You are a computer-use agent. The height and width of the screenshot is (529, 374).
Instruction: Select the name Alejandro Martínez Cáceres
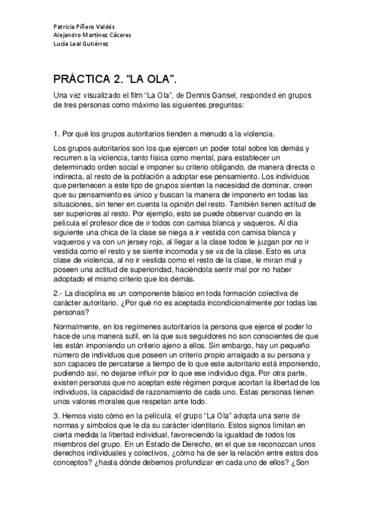(x=92, y=36)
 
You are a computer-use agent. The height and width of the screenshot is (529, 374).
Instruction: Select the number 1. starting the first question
(x=56, y=133)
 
